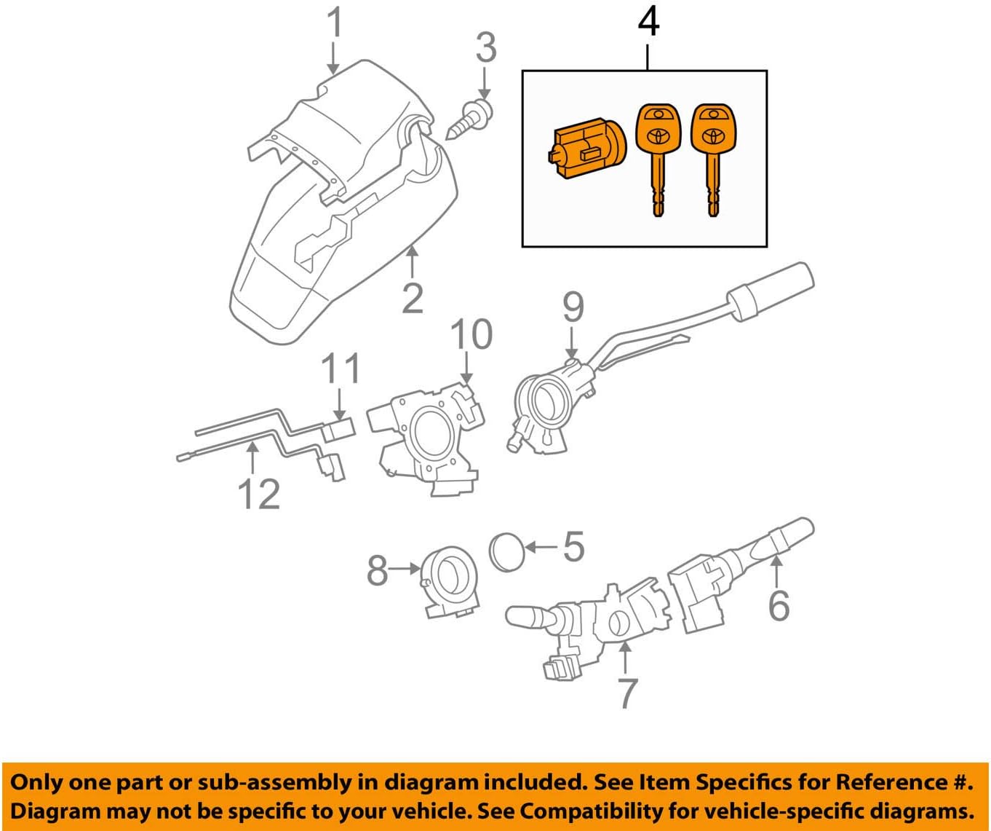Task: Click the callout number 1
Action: (x=333, y=23)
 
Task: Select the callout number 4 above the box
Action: (x=648, y=22)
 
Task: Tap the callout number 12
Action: (x=259, y=495)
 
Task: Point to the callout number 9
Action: (x=573, y=307)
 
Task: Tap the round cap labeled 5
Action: (x=507, y=552)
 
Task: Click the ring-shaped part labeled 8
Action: (x=452, y=580)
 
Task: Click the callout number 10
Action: (x=471, y=335)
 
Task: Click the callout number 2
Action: (x=413, y=299)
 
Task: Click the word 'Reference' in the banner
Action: (x=890, y=782)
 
